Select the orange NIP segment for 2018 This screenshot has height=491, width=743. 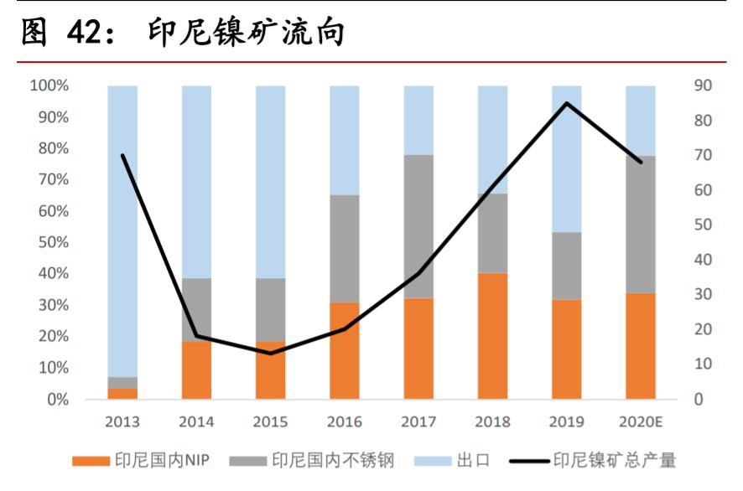point(492,336)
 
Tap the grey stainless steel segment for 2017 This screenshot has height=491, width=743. point(418,226)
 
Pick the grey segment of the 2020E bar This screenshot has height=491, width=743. point(641,225)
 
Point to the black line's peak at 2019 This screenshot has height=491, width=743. point(567,103)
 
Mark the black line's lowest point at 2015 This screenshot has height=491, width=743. point(271,353)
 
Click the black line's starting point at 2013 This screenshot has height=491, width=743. point(122,155)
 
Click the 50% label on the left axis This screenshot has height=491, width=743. point(52,243)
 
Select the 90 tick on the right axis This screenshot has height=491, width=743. point(703,85)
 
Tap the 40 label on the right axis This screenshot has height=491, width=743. point(703,260)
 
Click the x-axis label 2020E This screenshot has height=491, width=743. point(641,421)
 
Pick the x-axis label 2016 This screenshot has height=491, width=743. point(345,421)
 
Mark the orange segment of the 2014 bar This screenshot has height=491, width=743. point(196,370)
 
